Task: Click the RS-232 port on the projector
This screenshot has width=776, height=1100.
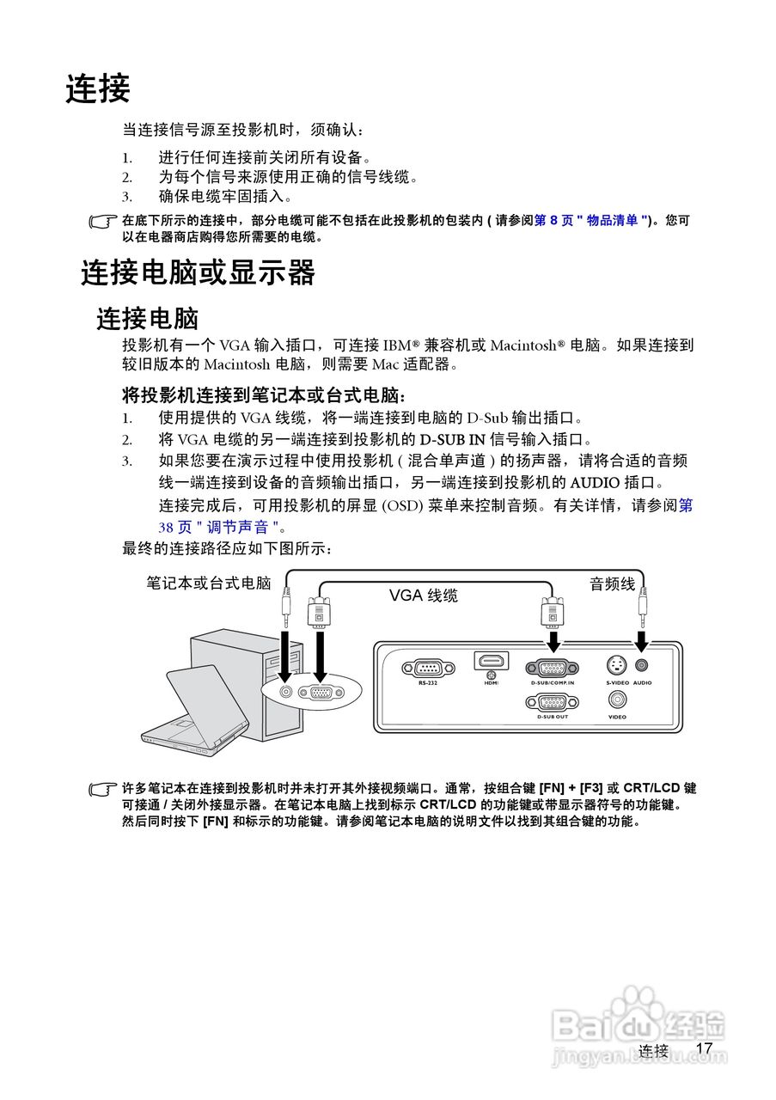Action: pyautogui.click(x=427, y=668)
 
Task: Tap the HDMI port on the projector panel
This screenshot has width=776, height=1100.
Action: pyautogui.click(x=491, y=661)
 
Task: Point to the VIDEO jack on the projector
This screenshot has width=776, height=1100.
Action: pyautogui.click(x=617, y=700)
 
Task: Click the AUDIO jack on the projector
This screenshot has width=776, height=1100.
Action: pyautogui.click(x=641, y=665)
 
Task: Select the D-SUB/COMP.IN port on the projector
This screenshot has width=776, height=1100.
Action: pyautogui.click(x=552, y=668)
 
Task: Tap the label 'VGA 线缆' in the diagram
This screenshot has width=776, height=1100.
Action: pyautogui.click(x=423, y=596)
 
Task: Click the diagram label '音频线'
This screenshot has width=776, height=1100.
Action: pyautogui.click(x=612, y=584)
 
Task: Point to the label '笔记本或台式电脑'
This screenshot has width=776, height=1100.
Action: pyautogui.click(x=209, y=584)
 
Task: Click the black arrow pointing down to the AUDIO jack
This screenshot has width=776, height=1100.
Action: pyautogui.click(x=641, y=641)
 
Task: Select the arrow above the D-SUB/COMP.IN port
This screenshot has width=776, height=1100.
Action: pyautogui.click(x=553, y=641)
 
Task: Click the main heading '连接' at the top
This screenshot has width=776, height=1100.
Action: pyautogui.click(x=98, y=89)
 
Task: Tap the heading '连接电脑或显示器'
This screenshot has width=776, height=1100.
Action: pyautogui.click(x=199, y=272)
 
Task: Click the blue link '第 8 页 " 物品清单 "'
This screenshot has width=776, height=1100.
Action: pyautogui.click(x=591, y=221)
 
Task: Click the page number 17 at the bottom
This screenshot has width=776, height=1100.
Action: pyautogui.click(x=705, y=1048)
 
